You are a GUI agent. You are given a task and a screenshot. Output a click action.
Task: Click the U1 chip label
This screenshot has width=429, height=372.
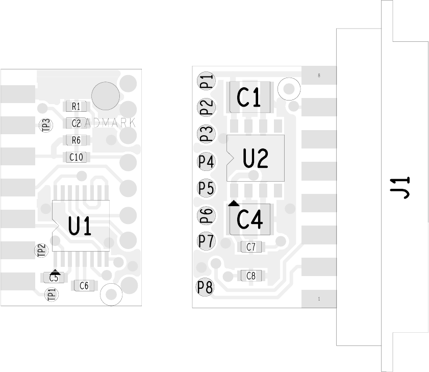pos(81,226)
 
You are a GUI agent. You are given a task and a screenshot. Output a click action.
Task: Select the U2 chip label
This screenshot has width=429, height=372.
pos(255,158)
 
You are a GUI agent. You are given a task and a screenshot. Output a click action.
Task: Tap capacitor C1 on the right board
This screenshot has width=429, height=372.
pos(249,97)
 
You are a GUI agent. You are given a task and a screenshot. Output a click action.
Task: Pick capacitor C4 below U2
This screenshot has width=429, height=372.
pos(250,219)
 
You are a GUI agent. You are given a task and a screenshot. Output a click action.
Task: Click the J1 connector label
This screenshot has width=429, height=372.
pos(402,187)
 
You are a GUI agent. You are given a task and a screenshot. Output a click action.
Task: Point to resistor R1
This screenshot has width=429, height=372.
pos(76,107)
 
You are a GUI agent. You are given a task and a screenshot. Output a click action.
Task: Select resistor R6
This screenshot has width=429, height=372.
pos(76,140)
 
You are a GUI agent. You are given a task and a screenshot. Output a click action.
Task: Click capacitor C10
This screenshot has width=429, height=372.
pos(76,157)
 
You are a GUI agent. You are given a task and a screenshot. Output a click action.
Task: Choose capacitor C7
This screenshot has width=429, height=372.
pos(251,247)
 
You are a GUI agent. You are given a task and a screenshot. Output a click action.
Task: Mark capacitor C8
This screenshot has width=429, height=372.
pos(251,276)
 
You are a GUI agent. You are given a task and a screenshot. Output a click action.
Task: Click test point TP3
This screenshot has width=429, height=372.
pos(46,125)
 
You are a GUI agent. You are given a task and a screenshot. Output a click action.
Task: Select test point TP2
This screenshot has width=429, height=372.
pos(41,250)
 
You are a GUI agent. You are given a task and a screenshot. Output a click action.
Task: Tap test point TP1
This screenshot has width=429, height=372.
pos(52,294)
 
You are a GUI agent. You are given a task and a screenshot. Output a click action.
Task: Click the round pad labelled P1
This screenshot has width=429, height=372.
pos(207,81)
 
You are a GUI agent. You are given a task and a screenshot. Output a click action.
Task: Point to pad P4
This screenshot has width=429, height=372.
pos(207,162)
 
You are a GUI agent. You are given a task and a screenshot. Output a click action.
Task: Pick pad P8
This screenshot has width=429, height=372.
pos(205,288)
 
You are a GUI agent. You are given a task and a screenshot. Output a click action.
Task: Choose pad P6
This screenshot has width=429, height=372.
pos(207,215)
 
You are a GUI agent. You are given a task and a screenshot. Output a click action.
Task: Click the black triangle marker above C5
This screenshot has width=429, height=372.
pos(56,273)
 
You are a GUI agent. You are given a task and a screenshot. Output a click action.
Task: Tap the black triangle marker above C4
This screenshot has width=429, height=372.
pos(234,203)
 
